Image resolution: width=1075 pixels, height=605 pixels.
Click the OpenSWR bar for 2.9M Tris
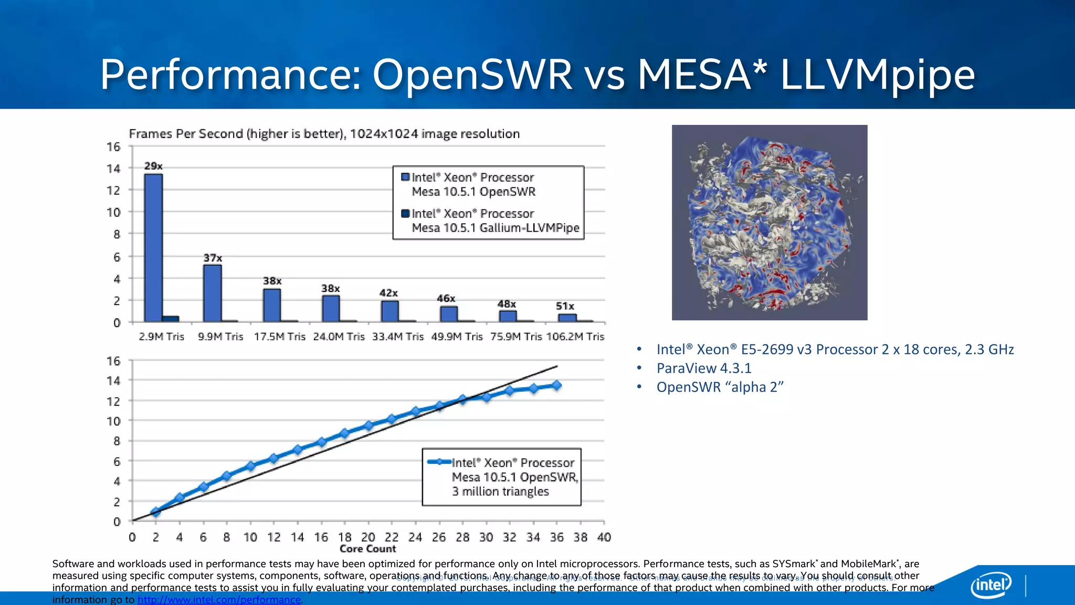point(153,247)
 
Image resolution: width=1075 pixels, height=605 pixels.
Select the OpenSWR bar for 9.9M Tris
point(213,293)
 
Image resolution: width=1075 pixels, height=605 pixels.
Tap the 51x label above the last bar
point(565,306)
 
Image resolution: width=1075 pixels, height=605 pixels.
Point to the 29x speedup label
point(153,166)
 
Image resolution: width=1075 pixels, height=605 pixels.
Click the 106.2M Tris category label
point(575,337)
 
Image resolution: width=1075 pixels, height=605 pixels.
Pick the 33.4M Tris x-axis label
point(398,337)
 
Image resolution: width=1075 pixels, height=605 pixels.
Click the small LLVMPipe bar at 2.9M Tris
point(171,318)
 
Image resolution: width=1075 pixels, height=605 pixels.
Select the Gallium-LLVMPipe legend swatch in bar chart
point(405,213)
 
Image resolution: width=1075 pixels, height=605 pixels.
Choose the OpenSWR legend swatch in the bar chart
point(405,177)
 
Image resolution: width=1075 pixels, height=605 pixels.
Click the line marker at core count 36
point(557,385)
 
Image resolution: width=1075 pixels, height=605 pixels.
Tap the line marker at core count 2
point(156,512)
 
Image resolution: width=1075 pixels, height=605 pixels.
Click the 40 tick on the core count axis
point(604,537)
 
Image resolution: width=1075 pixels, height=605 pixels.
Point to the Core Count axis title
point(367,549)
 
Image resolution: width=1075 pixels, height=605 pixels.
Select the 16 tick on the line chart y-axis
point(113,361)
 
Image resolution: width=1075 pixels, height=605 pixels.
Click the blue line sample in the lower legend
point(439,462)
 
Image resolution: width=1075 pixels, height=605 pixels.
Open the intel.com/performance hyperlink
point(219,600)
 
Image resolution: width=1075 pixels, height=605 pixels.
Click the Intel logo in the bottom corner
point(991,585)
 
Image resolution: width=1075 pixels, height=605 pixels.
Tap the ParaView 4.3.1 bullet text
point(704,368)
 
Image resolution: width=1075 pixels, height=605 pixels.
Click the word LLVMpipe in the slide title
point(877,75)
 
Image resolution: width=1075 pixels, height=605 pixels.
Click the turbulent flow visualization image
point(770,223)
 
